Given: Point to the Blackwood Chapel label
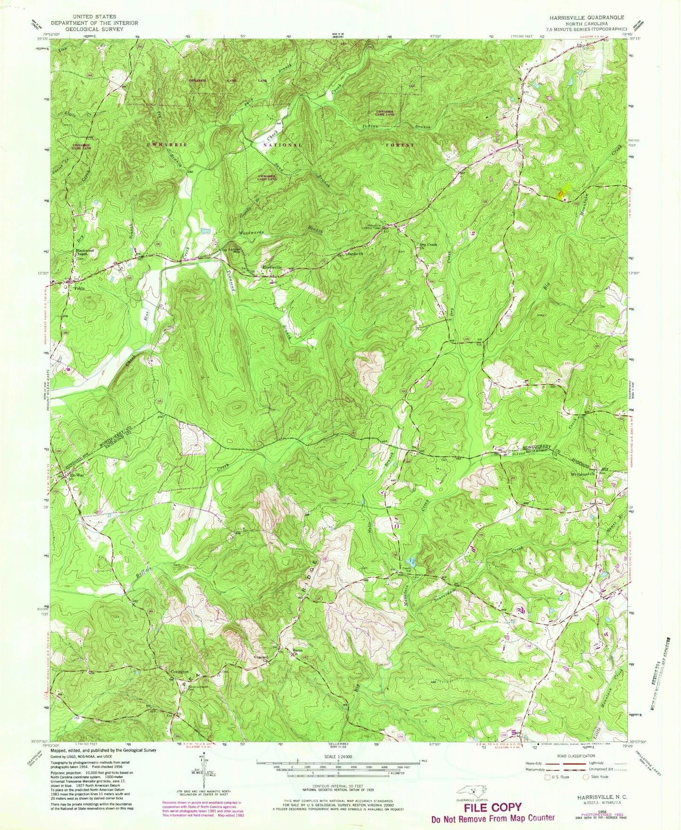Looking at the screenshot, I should [83, 253].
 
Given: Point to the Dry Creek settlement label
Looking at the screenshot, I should [428, 245].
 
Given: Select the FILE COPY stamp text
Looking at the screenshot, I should [492, 806].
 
